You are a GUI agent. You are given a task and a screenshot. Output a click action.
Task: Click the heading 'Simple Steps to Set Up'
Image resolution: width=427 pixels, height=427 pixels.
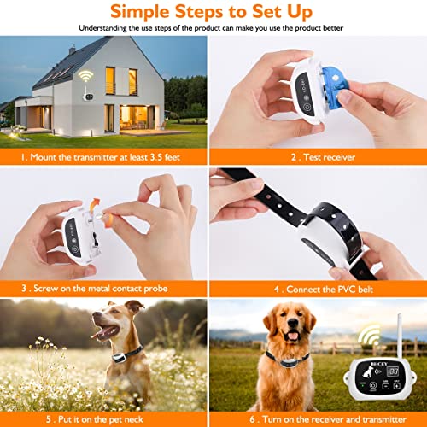[x=213, y=12]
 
